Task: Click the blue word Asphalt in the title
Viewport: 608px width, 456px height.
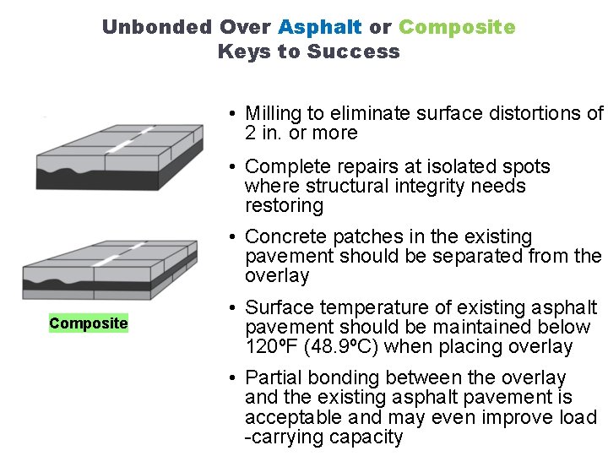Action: [x=321, y=27]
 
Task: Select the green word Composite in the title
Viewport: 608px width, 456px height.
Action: [x=457, y=27]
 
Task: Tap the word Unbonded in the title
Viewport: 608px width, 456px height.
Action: [x=157, y=27]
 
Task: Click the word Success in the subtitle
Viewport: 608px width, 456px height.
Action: [x=354, y=52]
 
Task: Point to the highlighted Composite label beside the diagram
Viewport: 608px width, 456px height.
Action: [x=89, y=323]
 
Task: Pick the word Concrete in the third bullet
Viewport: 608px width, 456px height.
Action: [x=283, y=236]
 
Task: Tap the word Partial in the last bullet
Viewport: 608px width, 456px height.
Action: [x=272, y=377]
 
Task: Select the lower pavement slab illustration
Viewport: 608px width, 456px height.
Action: [x=110, y=269]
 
